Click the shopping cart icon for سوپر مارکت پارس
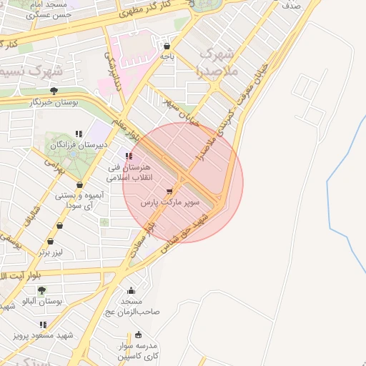[x=169, y=191]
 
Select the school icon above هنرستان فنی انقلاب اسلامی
[x=129, y=156]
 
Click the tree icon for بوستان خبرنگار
[x=54, y=91]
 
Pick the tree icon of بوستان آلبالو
[x=42, y=290]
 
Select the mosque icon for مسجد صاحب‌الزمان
[x=131, y=291]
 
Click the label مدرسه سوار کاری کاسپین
[x=139, y=350]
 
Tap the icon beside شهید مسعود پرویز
[x=43, y=325]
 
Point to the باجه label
[x=167, y=55]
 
